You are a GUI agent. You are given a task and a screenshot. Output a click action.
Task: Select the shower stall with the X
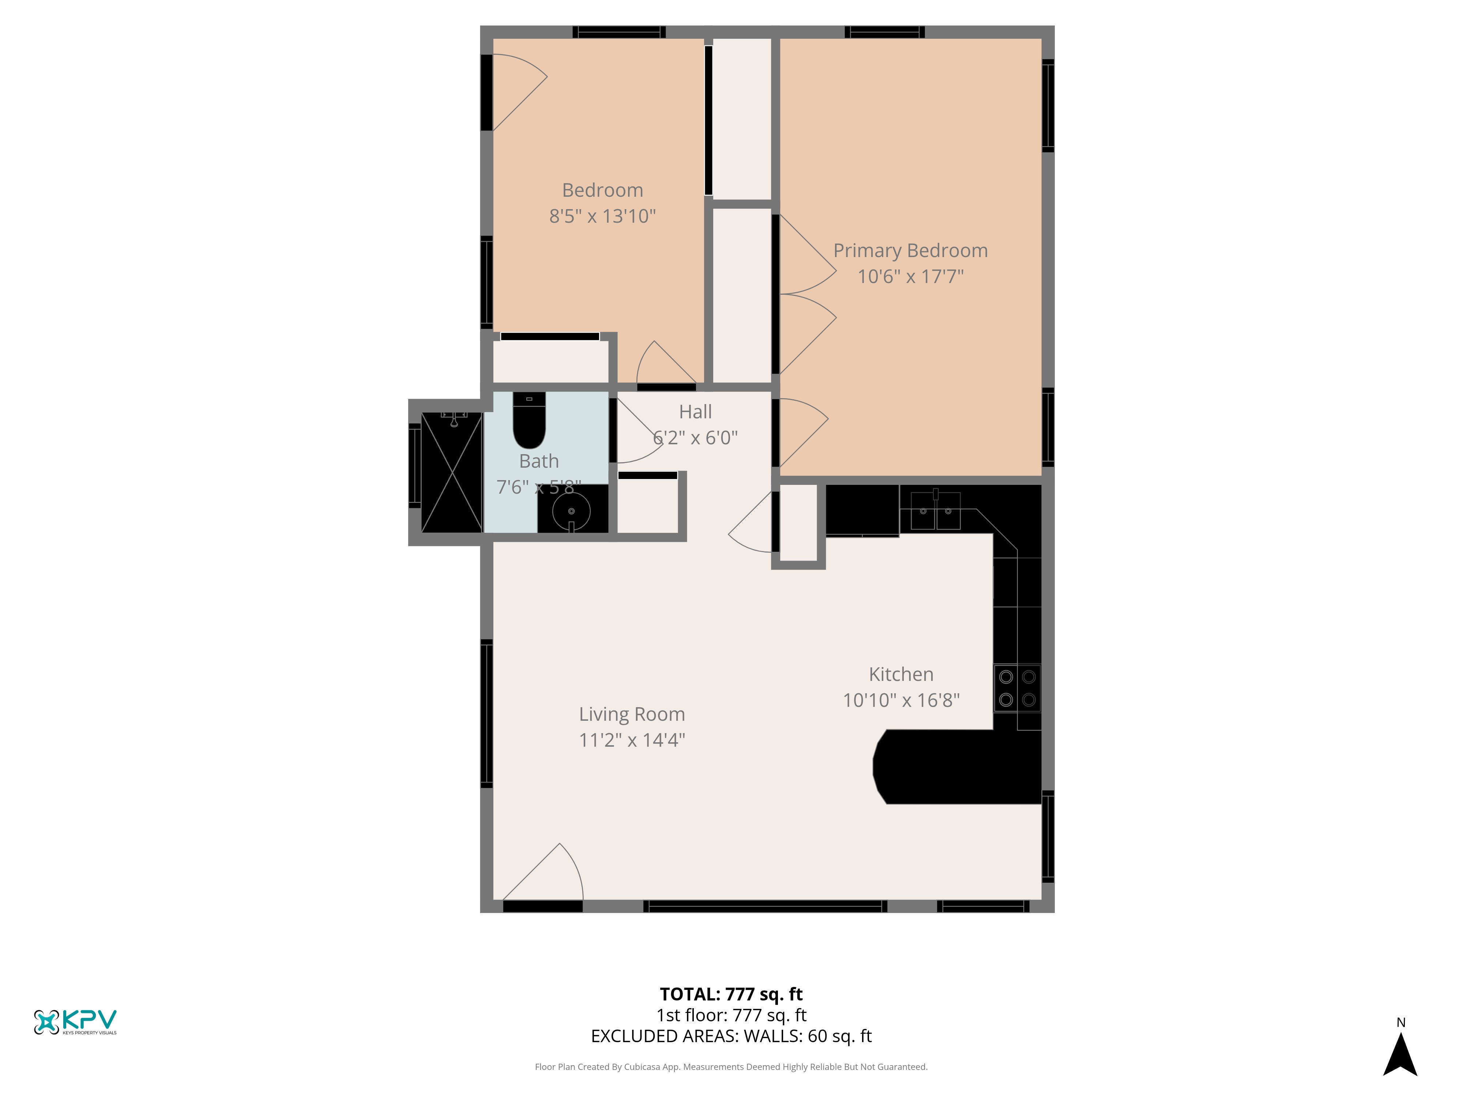(x=452, y=472)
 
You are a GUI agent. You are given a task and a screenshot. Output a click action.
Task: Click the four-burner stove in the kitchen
(x=1017, y=688)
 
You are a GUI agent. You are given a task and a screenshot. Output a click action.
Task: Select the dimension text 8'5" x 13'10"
(x=602, y=216)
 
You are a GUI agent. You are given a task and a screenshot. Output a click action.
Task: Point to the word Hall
(x=696, y=412)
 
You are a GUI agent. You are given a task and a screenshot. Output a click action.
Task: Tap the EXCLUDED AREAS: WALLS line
(x=731, y=1036)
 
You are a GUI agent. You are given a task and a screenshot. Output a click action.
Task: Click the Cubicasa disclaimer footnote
(x=731, y=1067)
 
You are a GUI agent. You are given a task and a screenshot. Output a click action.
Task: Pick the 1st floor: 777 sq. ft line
(x=731, y=1015)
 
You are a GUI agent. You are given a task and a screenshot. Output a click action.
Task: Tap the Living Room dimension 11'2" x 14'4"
(x=632, y=740)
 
